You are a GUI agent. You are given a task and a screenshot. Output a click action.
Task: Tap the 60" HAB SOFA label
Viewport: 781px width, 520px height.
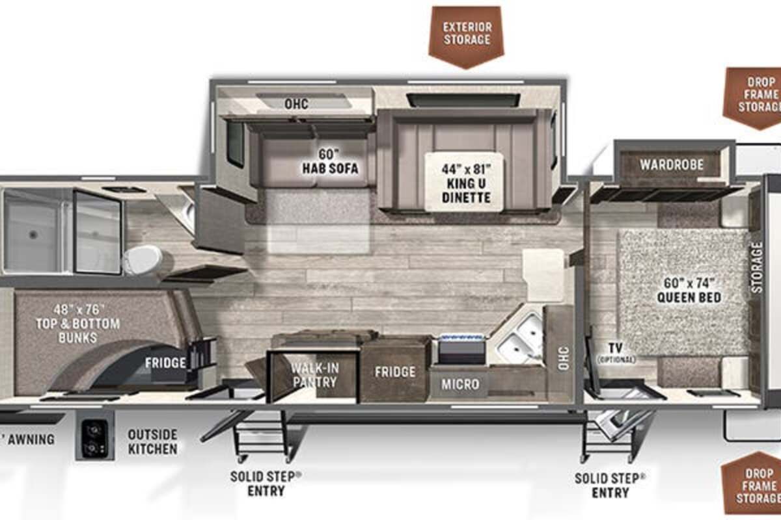click(x=330, y=162)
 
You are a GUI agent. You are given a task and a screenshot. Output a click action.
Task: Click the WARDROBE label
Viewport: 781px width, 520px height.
click(x=672, y=164)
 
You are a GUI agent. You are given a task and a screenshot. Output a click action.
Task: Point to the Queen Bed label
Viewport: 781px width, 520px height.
click(x=689, y=290)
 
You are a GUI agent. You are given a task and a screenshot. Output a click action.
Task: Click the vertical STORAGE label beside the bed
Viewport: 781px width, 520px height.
click(x=756, y=268)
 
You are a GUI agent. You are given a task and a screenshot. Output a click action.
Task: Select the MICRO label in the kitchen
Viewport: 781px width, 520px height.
click(x=460, y=384)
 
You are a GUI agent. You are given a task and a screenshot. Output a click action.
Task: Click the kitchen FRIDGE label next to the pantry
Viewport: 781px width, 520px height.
click(x=395, y=372)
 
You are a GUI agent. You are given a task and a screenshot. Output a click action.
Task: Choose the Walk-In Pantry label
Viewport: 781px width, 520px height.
click(x=315, y=375)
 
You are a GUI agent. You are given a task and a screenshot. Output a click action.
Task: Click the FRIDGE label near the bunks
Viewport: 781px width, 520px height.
click(x=165, y=363)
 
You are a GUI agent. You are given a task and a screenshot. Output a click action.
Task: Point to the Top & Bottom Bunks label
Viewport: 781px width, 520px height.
click(x=77, y=324)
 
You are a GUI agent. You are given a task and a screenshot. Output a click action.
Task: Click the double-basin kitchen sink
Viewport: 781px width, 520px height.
click(x=519, y=337)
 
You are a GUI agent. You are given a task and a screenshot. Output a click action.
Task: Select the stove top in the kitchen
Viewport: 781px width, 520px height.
click(x=461, y=349)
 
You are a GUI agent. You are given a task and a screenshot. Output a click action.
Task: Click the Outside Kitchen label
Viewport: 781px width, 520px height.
click(x=153, y=441)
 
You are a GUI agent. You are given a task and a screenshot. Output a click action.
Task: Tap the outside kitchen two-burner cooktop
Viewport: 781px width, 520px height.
click(x=95, y=437)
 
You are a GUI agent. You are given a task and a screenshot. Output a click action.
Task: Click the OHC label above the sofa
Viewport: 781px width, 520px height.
click(x=296, y=104)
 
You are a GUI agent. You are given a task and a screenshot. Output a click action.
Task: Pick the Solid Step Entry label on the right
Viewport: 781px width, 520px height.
click(x=610, y=485)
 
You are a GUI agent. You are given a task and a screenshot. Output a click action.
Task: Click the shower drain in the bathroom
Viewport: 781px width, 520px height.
click(x=33, y=235)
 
